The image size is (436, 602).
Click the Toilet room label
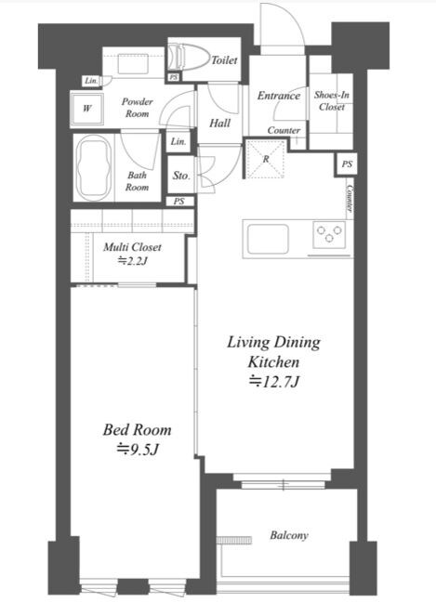pyautogui.click(x=224, y=59)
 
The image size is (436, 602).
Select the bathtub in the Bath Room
pyautogui.click(x=94, y=167)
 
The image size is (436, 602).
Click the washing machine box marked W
pyautogui.click(x=86, y=109)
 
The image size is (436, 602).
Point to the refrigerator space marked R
pyautogui.click(x=266, y=159)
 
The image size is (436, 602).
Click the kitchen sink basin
pyautogui.click(x=268, y=239)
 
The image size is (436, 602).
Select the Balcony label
pyautogui.click(x=289, y=535)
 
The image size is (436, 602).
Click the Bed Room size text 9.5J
pyautogui.click(x=138, y=449)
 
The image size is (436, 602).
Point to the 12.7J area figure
pyautogui.click(x=274, y=381)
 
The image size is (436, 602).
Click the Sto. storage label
pyautogui.click(x=181, y=176)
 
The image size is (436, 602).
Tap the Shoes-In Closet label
pyautogui.click(x=332, y=100)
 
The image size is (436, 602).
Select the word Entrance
pyautogui.click(x=279, y=95)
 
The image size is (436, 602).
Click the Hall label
pyautogui.click(x=219, y=124)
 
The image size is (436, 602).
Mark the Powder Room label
pyautogui.click(x=138, y=108)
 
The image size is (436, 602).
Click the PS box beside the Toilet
pyautogui.click(x=174, y=77)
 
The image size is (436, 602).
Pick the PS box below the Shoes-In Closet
pyautogui.click(x=347, y=164)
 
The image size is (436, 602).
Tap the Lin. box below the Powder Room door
pyautogui.click(x=178, y=141)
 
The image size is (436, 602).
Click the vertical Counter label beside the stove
pyautogui.click(x=350, y=198)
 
